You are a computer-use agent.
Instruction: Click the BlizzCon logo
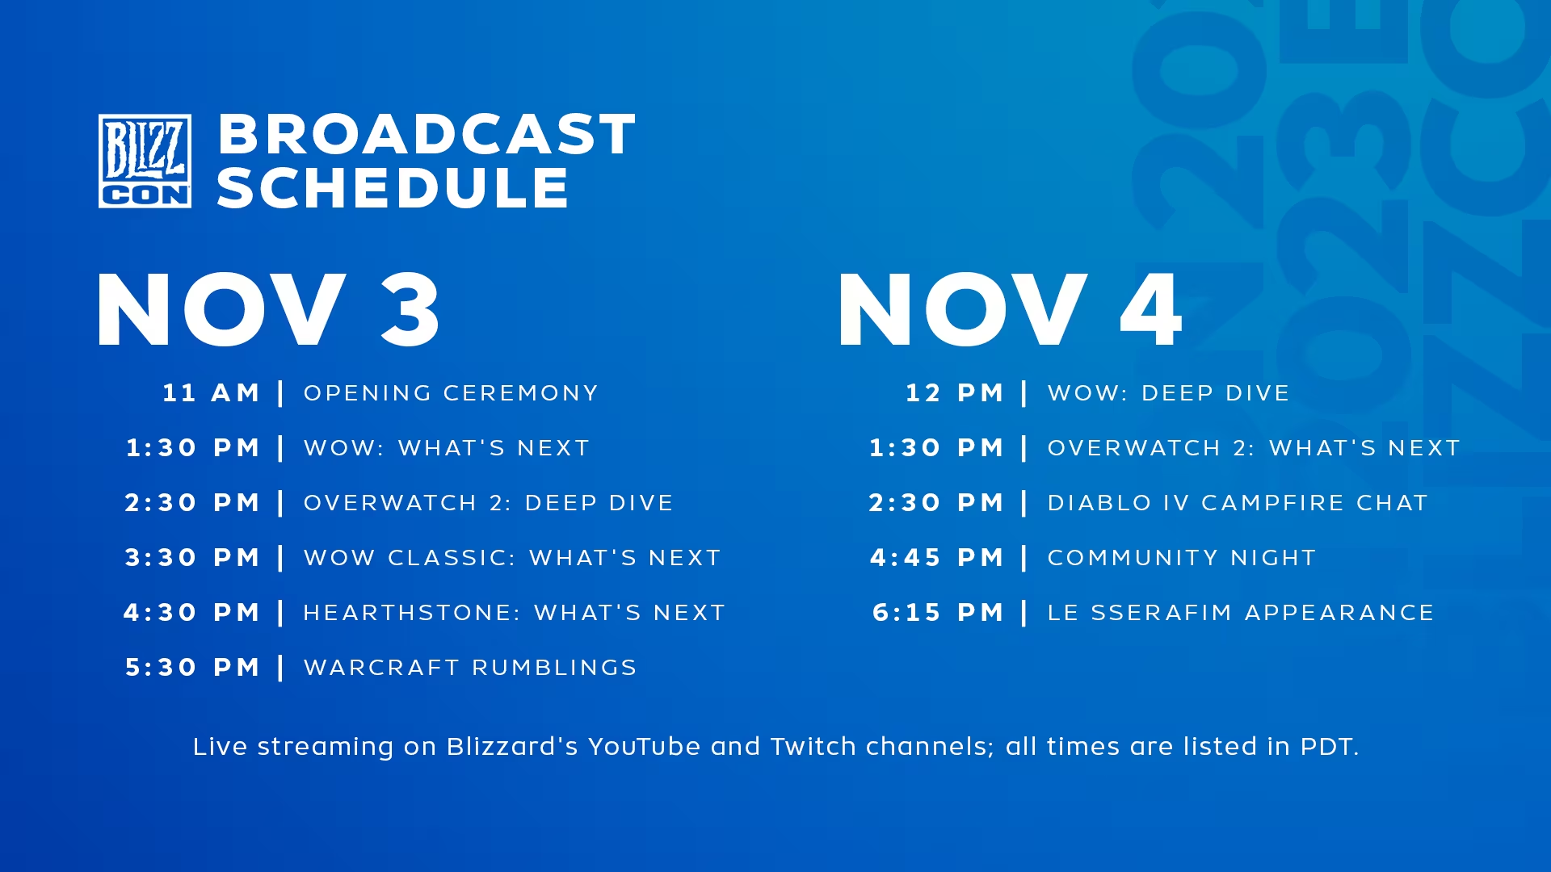(x=145, y=161)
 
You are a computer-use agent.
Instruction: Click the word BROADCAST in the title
(x=427, y=134)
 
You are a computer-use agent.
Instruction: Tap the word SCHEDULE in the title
(x=393, y=188)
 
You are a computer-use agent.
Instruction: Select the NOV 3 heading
(x=268, y=310)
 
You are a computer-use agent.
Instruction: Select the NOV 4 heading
(x=1011, y=310)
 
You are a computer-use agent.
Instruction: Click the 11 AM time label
(x=211, y=393)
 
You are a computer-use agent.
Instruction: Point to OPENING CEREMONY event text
(x=451, y=393)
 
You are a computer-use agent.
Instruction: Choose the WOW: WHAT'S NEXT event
(x=447, y=448)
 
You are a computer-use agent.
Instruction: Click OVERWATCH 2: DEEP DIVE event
(x=488, y=503)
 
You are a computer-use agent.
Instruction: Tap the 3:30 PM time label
(x=192, y=558)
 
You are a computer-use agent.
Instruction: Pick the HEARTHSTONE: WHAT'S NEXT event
(x=515, y=613)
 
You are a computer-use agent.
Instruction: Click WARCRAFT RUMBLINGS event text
(x=470, y=668)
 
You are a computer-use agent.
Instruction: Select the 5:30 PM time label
(x=192, y=668)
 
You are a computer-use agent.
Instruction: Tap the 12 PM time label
(x=954, y=393)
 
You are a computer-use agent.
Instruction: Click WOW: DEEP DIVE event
(x=1168, y=393)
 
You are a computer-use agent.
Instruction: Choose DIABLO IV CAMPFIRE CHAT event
(x=1238, y=503)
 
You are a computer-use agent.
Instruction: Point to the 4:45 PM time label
(x=936, y=558)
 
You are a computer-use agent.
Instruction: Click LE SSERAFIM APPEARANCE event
(x=1241, y=613)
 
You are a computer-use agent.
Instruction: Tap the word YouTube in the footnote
(x=644, y=747)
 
